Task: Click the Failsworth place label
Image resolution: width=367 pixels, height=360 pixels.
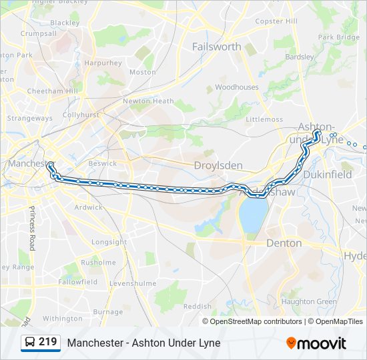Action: tap(216, 47)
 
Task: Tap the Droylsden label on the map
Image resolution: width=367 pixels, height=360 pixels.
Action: tap(216, 165)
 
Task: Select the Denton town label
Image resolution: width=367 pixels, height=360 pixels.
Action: tap(284, 243)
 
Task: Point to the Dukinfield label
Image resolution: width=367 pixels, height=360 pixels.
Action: tap(327, 175)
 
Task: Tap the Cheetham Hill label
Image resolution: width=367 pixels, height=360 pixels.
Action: tap(53, 91)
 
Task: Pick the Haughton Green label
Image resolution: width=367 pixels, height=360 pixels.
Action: tap(308, 301)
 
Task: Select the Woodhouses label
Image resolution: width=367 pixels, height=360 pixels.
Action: tap(236, 87)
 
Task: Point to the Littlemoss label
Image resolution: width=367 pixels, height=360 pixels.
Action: tap(264, 119)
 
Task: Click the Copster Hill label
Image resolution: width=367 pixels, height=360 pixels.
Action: tap(276, 21)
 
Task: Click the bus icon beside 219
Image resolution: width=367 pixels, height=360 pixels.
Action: tap(29, 343)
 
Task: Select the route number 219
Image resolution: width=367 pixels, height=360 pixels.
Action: tap(48, 342)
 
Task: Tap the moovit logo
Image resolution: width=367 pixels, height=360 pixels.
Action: tap(316, 343)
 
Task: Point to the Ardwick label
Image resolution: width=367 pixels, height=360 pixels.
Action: tap(89, 207)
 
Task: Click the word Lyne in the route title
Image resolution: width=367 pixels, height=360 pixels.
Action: tap(208, 343)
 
